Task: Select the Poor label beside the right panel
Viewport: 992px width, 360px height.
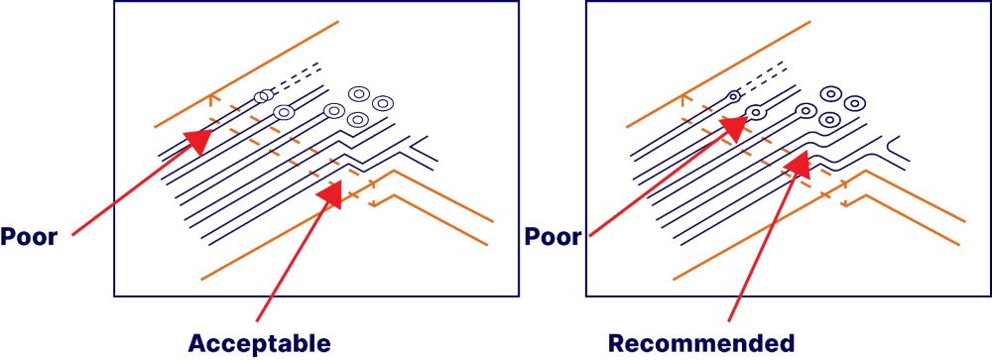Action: tap(554, 237)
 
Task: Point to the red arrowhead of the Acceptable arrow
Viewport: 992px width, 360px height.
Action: tap(331, 192)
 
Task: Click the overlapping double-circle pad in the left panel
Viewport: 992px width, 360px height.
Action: tap(263, 96)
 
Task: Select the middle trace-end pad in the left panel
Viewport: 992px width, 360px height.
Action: tap(284, 112)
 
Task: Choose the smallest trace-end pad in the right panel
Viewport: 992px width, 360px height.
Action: tap(733, 96)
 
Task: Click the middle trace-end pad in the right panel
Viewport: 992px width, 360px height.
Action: tap(755, 112)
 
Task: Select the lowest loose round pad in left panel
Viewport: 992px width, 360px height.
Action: tap(358, 120)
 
